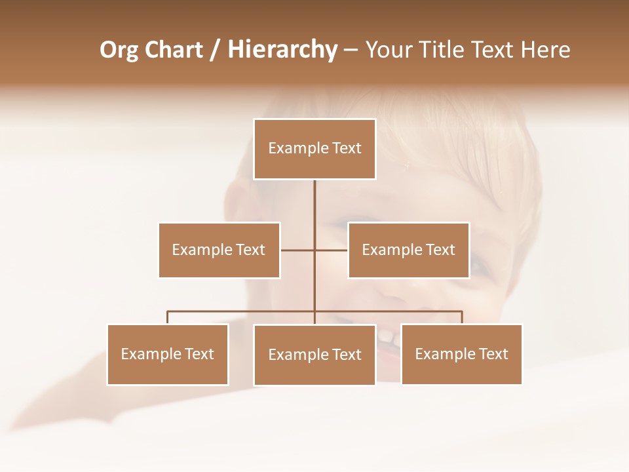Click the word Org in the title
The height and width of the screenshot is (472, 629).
click(119, 50)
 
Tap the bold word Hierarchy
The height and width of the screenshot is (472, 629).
click(282, 50)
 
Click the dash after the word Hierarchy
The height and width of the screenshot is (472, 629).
click(351, 50)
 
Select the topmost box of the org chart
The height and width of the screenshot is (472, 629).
click(314, 149)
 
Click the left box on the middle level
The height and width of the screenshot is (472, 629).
click(219, 250)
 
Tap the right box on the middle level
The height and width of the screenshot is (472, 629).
click(408, 250)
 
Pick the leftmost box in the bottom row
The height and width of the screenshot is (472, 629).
click(168, 355)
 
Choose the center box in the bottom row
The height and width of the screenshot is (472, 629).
click(314, 355)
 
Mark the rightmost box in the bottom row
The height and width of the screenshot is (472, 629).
click(461, 355)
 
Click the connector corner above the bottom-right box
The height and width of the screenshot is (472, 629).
click(462, 312)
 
